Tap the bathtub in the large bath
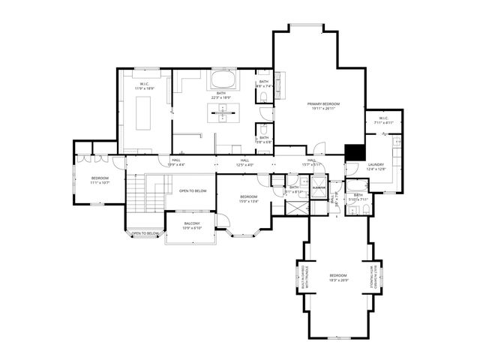(221, 79)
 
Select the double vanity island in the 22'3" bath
(221, 113)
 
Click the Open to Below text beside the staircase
(193, 191)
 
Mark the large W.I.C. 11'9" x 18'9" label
(145, 86)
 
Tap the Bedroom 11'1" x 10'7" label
(100, 180)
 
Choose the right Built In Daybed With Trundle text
(369, 276)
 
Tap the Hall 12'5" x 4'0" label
(245, 161)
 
